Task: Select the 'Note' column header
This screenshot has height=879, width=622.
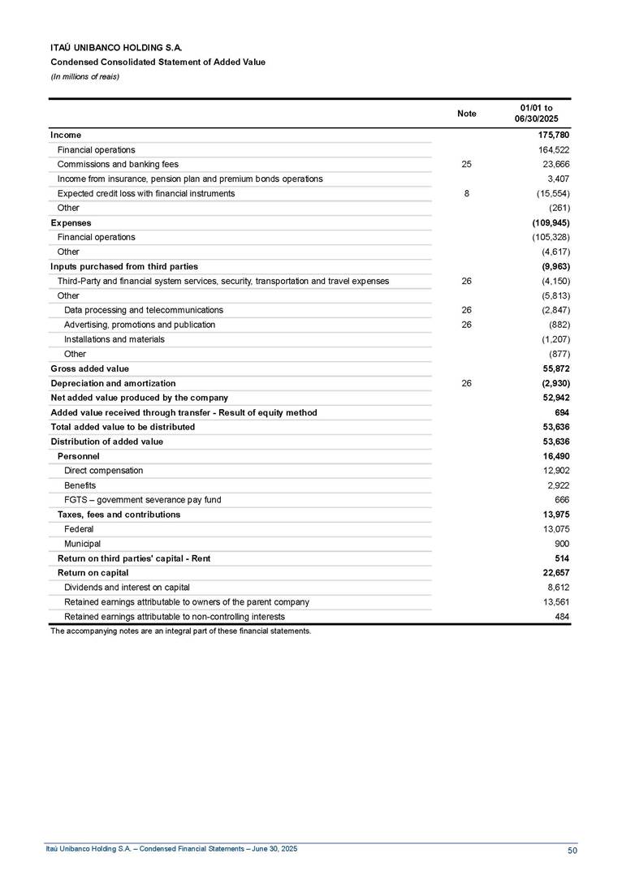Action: (466, 114)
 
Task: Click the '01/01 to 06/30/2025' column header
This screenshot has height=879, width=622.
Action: (536, 114)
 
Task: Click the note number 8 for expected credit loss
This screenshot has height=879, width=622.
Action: (466, 193)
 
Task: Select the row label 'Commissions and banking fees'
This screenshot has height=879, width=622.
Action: (118, 164)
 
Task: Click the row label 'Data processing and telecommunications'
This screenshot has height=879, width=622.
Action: (143, 310)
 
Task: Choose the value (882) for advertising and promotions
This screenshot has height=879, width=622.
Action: (558, 325)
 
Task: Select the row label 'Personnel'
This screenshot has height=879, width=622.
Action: (78, 456)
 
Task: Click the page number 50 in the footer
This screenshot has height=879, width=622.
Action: (572, 850)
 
